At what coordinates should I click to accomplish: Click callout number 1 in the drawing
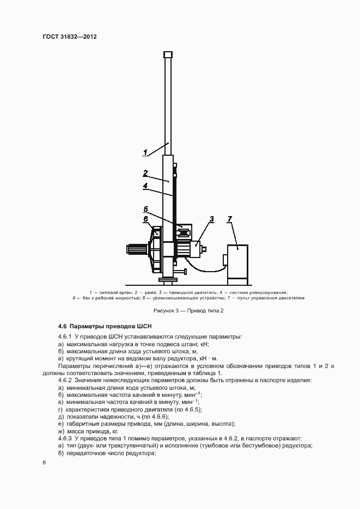click(145, 152)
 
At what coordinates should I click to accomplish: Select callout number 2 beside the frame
click(145, 173)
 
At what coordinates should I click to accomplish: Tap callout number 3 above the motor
click(212, 219)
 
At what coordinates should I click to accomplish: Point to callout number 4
click(145, 186)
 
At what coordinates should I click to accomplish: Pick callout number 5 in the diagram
click(145, 208)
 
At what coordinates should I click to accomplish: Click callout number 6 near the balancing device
click(145, 218)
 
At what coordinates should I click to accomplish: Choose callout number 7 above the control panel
click(229, 219)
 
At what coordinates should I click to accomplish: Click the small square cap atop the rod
click(168, 54)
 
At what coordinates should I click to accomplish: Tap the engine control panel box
click(237, 262)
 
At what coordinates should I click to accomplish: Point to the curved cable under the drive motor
click(204, 270)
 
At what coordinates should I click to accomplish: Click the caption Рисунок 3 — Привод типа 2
click(180, 310)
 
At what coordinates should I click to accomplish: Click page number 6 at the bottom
click(44, 462)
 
